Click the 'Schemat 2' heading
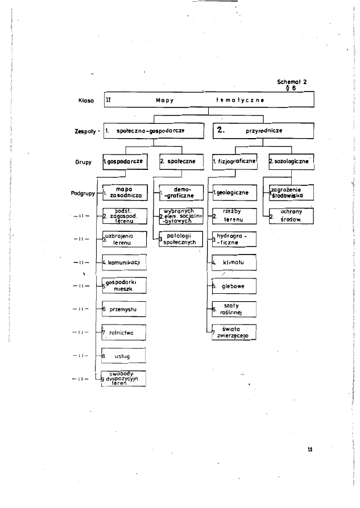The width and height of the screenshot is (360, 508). (x=292, y=81)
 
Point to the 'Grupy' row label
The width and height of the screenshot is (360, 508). (x=84, y=161)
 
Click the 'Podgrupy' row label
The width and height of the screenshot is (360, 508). (x=81, y=193)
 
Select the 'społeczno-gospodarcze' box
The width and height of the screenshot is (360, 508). (x=152, y=130)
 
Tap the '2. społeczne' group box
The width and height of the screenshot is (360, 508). (x=177, y=161)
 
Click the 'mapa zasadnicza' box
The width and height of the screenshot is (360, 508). (x=124, y=192)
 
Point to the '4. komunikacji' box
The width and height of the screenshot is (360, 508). (x=124, y=263)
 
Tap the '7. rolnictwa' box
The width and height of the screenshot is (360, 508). (x=124, y=332)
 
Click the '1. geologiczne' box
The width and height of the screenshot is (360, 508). (x=233, y=193)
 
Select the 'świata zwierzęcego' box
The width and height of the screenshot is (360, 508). (x=233, y=331)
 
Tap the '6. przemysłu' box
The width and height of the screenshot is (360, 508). (x=124, y=309)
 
